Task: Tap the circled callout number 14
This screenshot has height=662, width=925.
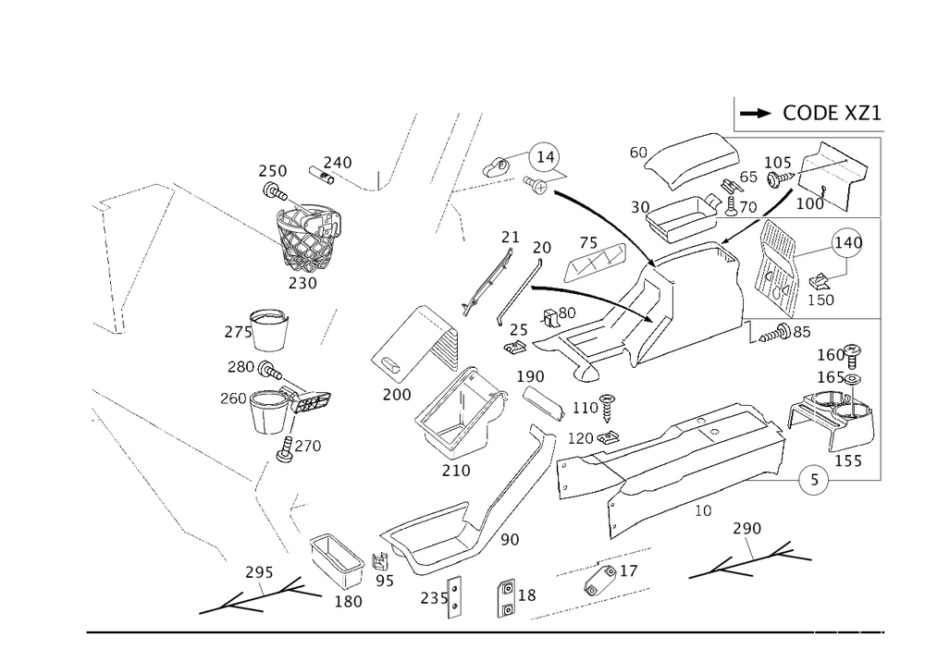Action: tap(546, 159)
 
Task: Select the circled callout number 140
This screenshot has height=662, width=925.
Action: tap(846, 243)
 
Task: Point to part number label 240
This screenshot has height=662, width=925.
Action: tap(338, 162)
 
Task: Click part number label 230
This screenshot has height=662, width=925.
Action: tap(302, 283)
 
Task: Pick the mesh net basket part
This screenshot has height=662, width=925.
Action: tap(310, 231)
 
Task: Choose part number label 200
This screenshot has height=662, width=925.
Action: tap(396, 395)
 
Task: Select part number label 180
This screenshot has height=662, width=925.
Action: tap(348, 601)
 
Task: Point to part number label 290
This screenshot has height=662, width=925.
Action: tap(745, 530)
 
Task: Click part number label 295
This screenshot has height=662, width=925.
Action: tap(258, 573)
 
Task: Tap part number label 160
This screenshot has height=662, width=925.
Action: tap(831, 355)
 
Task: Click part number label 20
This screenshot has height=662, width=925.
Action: tap(542, 248)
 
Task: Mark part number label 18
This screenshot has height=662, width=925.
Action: tap(529, 596)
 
